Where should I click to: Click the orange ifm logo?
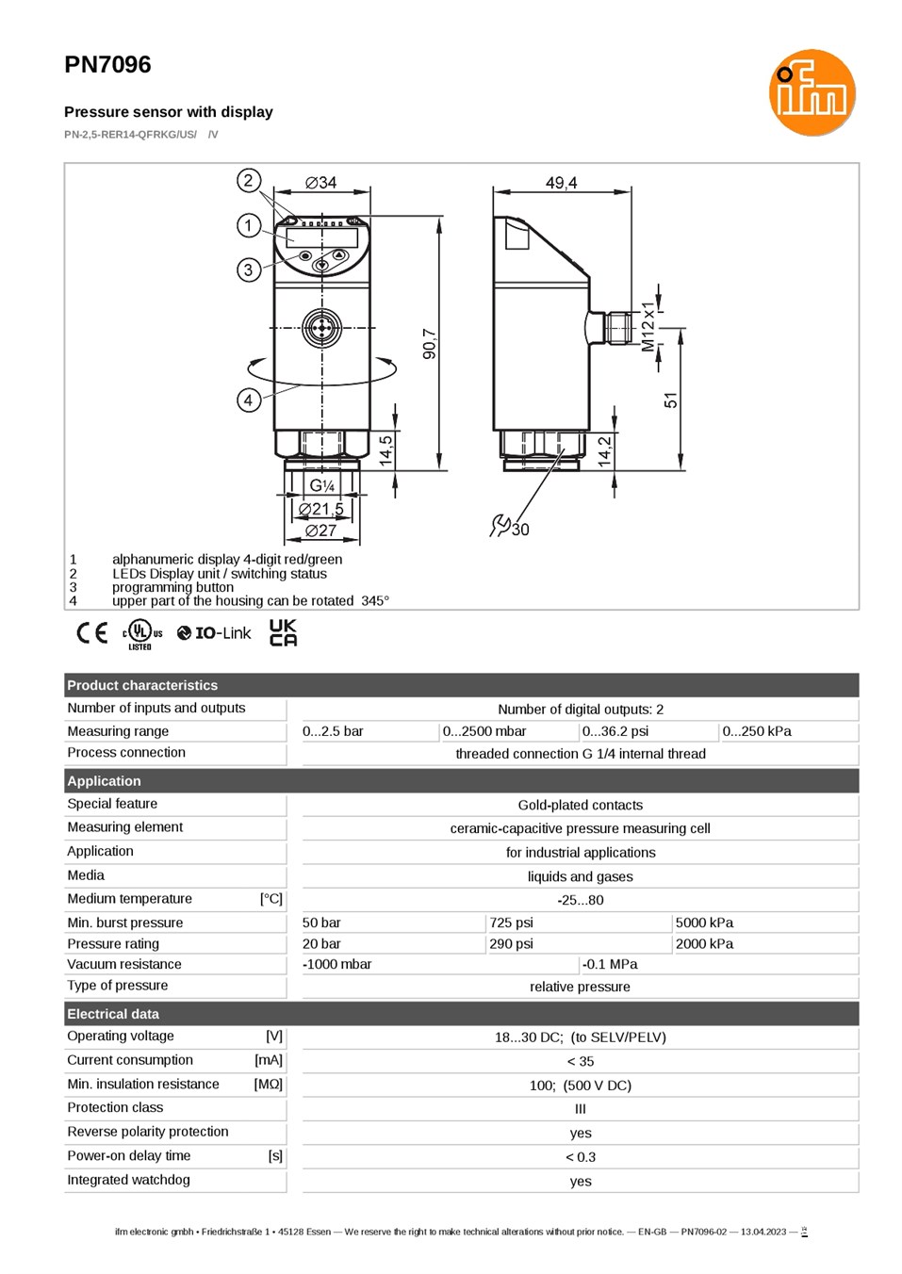click(812, 92)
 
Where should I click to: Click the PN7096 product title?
click(107, 64)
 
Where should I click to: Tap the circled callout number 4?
click(249, 400)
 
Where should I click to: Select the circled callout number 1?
click(249, 226)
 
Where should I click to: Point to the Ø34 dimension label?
click(321, 183)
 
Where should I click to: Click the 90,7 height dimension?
click(430, 344)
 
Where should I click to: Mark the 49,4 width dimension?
click(562, 183)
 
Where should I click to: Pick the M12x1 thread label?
click(648, 327)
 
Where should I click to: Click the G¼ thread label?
click(322, 485)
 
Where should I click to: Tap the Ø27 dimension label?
click(320, 531)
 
